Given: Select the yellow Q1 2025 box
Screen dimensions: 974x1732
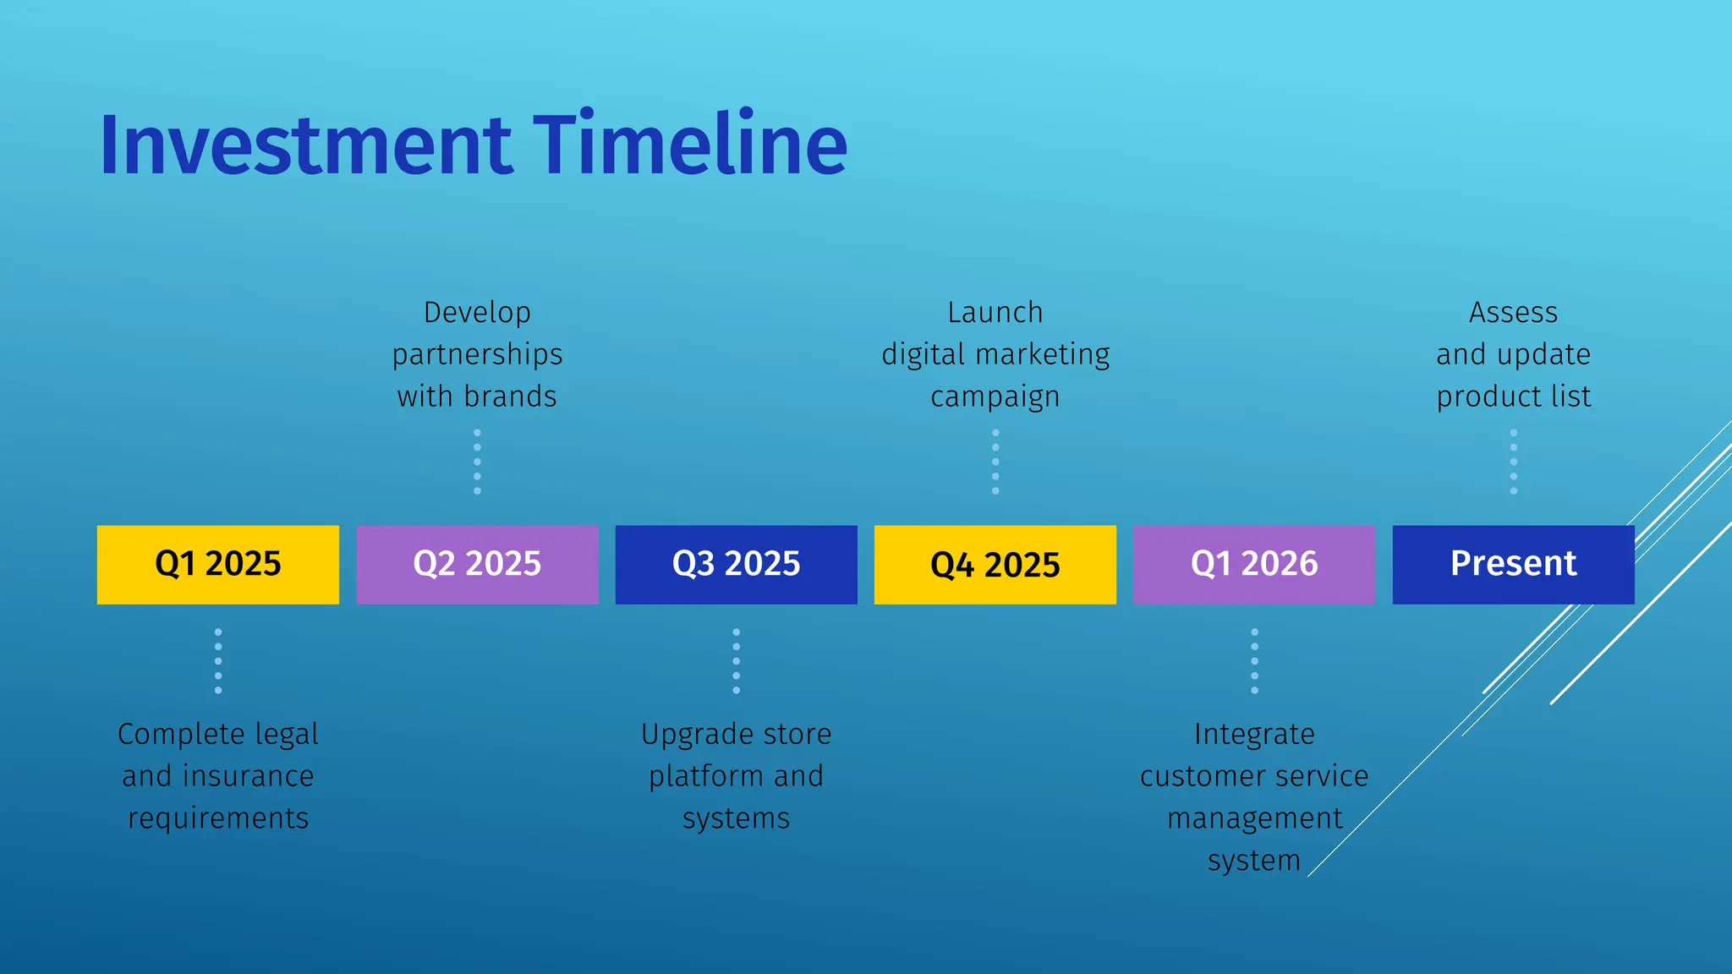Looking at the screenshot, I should [218, 564].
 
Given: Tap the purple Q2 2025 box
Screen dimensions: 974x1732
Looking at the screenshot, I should [477, 564].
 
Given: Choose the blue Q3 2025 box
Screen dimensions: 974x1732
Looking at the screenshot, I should [736, 564].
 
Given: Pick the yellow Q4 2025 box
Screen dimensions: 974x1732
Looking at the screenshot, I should [995, 564].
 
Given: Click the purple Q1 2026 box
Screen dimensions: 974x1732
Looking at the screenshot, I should [1253, 564].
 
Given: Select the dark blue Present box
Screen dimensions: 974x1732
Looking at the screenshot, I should [1513, 564].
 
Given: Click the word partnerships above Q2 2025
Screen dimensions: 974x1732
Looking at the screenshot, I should [477, 355].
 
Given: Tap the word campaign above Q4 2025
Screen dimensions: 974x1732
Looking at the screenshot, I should [995, 397].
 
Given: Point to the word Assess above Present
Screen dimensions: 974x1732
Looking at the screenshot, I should [1513, 313].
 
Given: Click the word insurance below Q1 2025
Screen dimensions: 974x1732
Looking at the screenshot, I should [248, 776].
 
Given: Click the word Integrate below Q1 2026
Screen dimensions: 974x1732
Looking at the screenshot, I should [1254, 735].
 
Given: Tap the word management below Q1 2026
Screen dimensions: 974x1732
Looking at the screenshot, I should [1254, 818].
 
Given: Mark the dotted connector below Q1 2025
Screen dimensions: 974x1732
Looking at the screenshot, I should [218, 661].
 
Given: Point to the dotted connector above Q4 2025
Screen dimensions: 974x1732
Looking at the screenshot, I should [995, 462].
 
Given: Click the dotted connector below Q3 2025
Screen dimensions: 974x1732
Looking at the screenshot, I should [736, 661].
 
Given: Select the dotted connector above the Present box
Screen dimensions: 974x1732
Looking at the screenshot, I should [1513, 462].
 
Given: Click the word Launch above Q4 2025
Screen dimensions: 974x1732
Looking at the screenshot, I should [995, 313].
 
